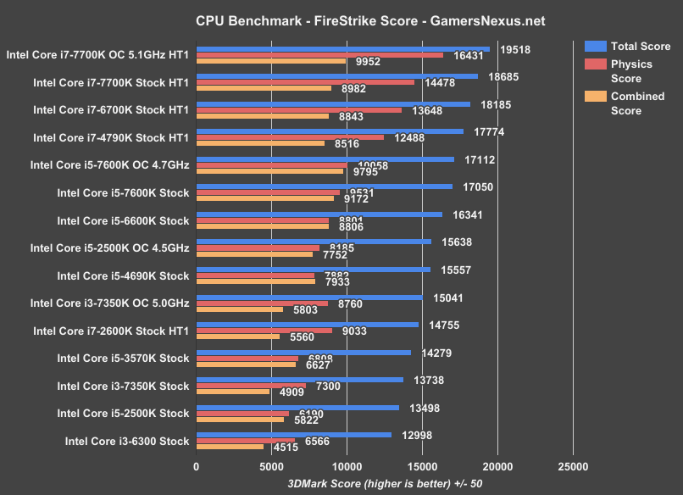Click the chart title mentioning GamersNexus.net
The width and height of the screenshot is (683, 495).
coord(341,19)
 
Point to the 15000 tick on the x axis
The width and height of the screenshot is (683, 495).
coord(422,466)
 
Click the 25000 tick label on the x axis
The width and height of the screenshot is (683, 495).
coord(573,466)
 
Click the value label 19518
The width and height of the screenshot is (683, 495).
coord(515,49)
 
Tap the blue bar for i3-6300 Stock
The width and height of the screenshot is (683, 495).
coord(293,434)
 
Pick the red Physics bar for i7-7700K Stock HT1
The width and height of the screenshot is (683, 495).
coord(305,82)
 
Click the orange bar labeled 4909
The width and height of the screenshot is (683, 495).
coord(233,392)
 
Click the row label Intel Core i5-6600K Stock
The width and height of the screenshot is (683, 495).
coord(123,220)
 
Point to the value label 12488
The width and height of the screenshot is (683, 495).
coord(408,137)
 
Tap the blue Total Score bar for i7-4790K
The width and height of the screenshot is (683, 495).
coord(330,131)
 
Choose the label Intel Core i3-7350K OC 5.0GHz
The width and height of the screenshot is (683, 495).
coord(109,303)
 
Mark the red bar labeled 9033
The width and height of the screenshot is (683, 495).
coord(264,331)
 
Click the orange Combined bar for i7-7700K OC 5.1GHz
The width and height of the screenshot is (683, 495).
coord(271,61)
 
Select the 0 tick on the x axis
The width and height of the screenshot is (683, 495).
coord(197,466)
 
